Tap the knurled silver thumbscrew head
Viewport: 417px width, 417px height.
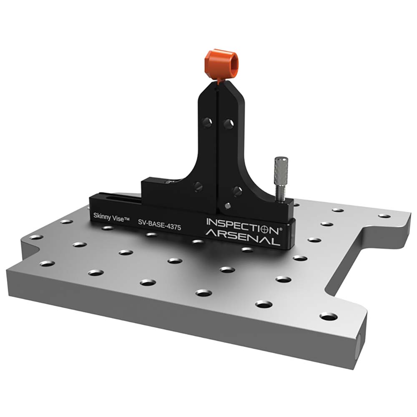(280, 171)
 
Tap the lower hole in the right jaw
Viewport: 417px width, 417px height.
(237, 191)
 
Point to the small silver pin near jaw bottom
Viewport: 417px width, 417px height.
(227, 205)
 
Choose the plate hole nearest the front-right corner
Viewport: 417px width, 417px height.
(329, 317)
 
